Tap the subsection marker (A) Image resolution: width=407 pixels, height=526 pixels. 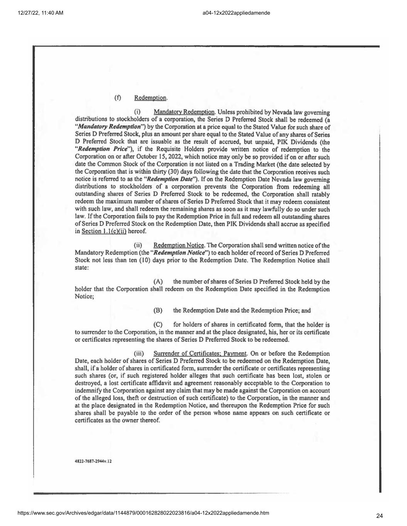[158, 282]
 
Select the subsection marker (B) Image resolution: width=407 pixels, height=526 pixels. [158, 311]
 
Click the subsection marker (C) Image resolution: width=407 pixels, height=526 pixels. [158, 325]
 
